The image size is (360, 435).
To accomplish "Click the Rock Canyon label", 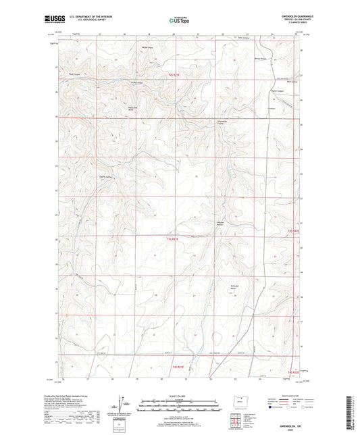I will (74, 66).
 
